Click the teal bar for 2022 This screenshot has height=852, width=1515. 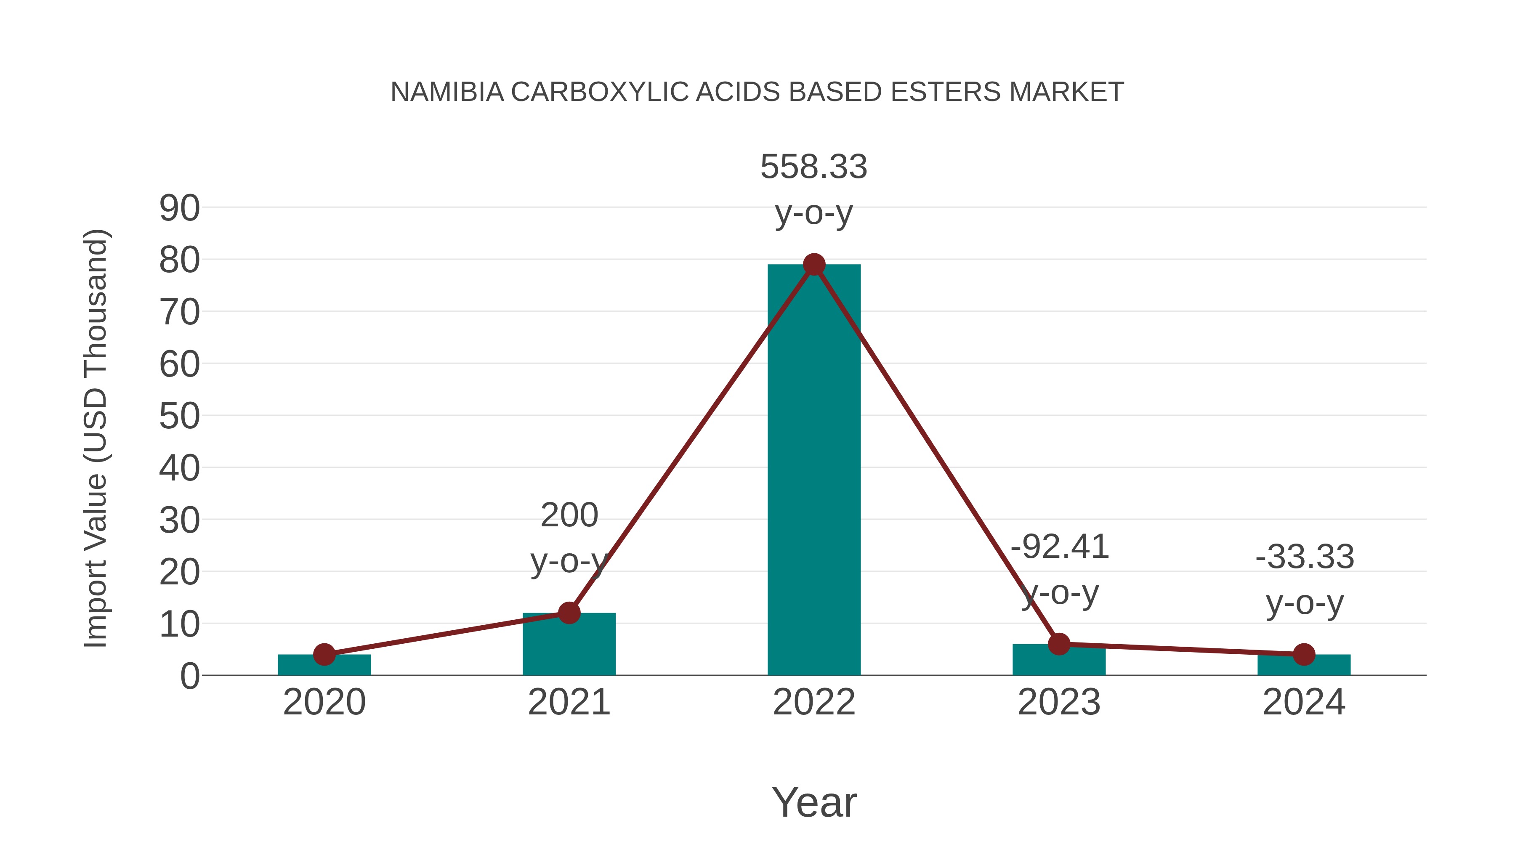814,470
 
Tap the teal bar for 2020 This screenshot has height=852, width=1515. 324,666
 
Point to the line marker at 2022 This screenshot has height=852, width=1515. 814,265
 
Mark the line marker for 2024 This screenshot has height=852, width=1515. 1304,654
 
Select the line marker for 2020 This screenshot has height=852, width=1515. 324,654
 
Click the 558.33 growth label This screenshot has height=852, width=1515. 814,167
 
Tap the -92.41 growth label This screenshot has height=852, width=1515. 1059,547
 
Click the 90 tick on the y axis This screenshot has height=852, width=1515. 179,208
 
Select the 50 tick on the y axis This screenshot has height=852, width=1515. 179,416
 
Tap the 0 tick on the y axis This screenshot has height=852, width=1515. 189,676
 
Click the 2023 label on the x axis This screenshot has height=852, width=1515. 1059,702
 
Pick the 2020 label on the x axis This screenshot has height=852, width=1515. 324,702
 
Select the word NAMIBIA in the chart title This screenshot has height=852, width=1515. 447,92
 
